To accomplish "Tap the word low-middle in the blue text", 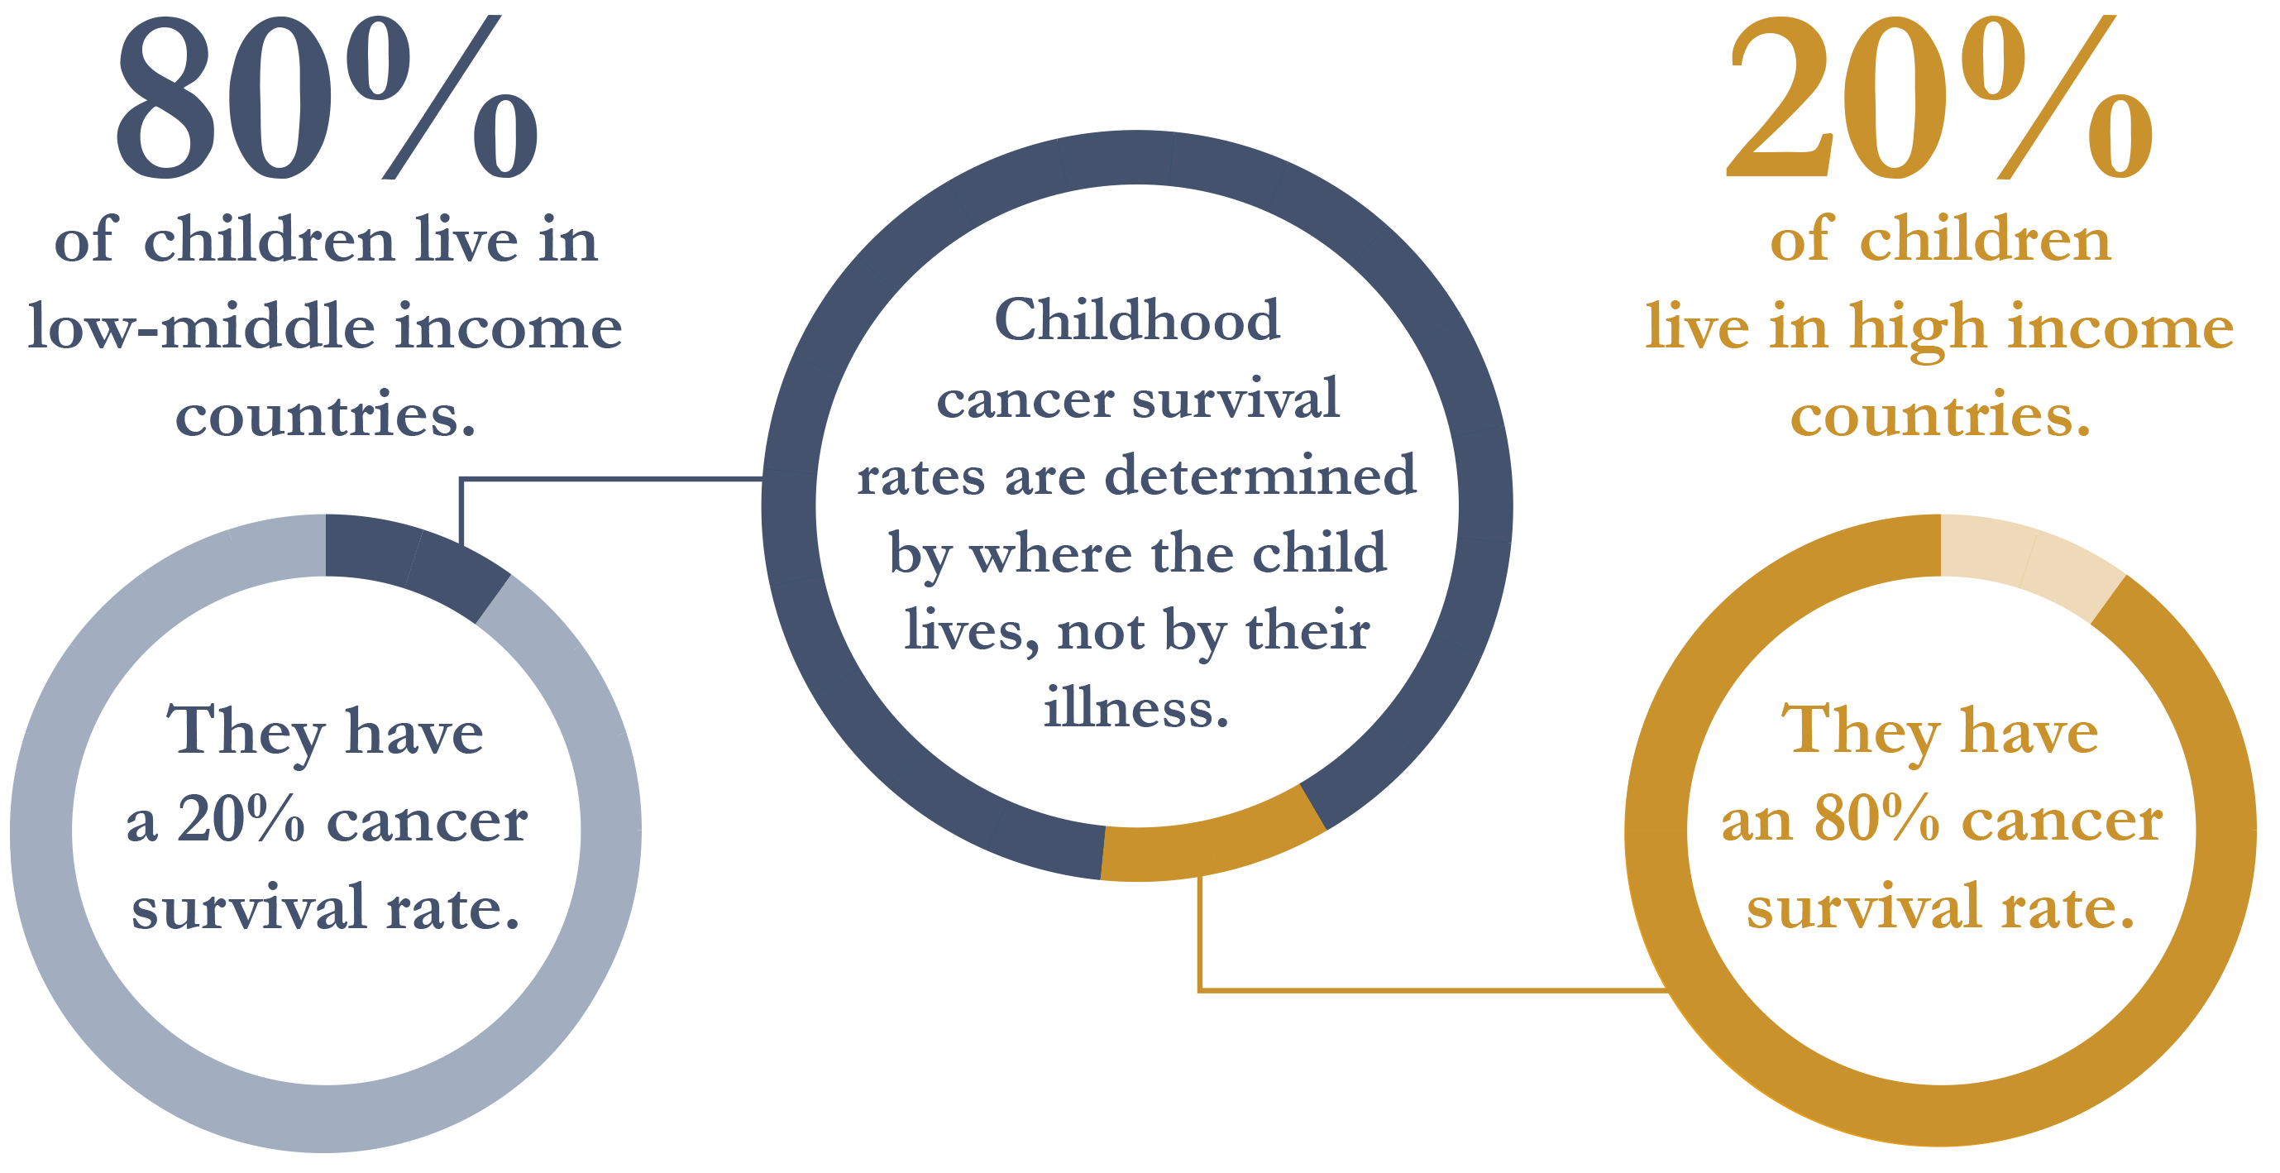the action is point(203,327).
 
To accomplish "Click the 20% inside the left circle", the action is point(241,819).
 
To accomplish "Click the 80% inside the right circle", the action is point(1877,819).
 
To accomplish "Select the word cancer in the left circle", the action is point(428,821).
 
